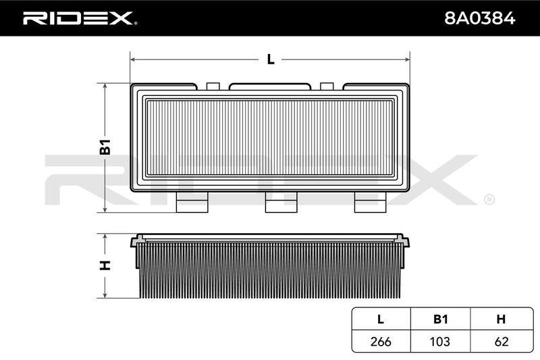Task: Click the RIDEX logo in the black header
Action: click(80, 18)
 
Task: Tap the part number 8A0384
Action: click(479, 18)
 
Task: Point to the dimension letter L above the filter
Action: click(271, 59)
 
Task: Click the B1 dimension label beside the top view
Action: click(105, 147)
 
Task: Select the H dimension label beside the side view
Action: click(105, 265)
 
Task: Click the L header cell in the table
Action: click(381, 319)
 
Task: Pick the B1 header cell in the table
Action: click(440, 319)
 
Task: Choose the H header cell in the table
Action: click(501, 319)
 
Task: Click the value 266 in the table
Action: click(381, 341)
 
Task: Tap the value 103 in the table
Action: click(440, 341)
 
